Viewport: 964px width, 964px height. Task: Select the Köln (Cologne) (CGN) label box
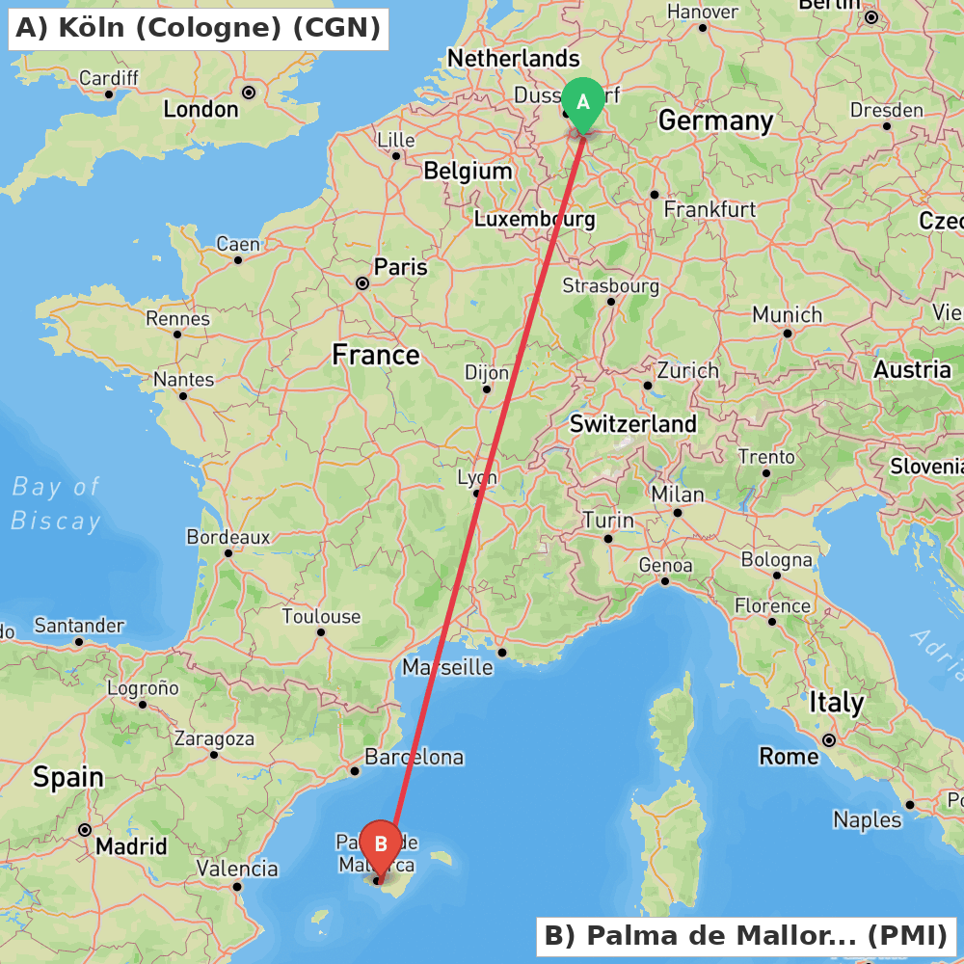click(x=199, y=28)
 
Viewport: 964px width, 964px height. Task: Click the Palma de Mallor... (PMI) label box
click(x=746, y=935)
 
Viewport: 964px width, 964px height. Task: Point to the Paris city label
click(x=401, y=266)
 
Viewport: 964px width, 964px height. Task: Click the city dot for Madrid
click(x=85, y=829)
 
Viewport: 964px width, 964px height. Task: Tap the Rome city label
click(x=789, y=756)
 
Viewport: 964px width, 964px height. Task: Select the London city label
click(x=201, y=109)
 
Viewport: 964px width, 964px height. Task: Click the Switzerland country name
click(x=632, y=423)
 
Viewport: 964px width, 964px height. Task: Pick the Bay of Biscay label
click(x=56, y=503)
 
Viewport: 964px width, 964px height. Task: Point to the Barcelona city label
click(x=414, y=758)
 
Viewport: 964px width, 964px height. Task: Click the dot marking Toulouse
click(x=321, y=632)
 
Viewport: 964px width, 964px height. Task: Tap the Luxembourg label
click(x=534, y=220)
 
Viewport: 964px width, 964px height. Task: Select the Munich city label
click(x=787, y=315)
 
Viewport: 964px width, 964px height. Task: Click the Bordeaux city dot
click(x=228, y=552)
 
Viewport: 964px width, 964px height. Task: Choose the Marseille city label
click(x=447, y=667)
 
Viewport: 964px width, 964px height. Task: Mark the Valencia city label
click(x=237, y=869)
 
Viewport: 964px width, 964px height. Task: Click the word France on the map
click(x=376, y=355)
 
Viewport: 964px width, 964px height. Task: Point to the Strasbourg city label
click(x=610, y=286)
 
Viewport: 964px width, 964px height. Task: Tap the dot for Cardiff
click(x=109, y=94)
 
